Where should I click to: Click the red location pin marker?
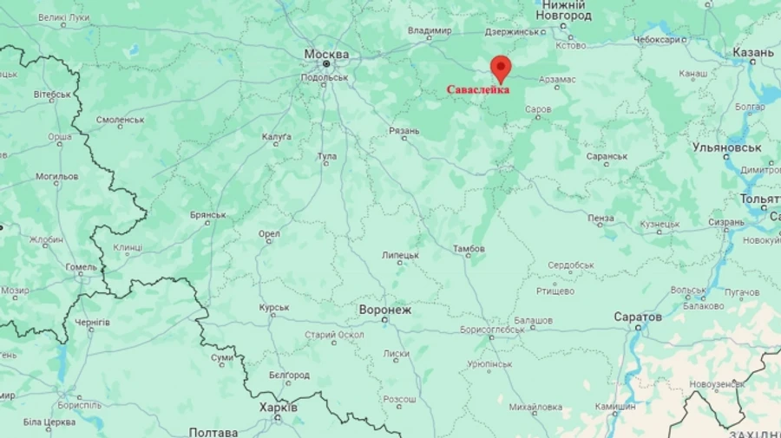(501, 68)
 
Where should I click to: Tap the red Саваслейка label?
(478, 89)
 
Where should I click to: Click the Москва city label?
(326, 54)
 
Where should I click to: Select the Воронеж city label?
(384, 309)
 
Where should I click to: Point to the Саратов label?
(638, 317)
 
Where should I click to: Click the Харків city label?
(279, 407)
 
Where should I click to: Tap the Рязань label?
(404, 130)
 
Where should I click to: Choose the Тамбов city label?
(469, 249)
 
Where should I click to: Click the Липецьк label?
(400, 255)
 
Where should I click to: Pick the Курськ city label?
(273, 308)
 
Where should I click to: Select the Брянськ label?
(207, 215)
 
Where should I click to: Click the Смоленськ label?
(120, 120)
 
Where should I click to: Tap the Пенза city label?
(601, 218)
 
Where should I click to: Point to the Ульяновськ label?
(726, 147)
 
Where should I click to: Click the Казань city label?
(752, 53)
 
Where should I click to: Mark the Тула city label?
(327, 156)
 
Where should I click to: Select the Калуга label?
(276, 137)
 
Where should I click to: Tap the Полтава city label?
(213, 432)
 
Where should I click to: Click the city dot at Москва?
(326, 64)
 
